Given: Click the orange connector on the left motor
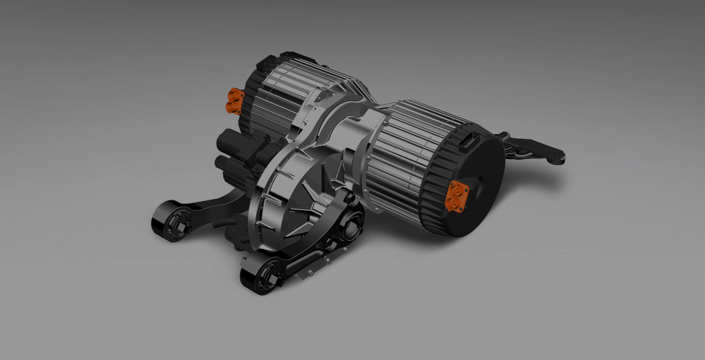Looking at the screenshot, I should (235, 101).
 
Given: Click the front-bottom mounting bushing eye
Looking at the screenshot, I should (262, 277).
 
